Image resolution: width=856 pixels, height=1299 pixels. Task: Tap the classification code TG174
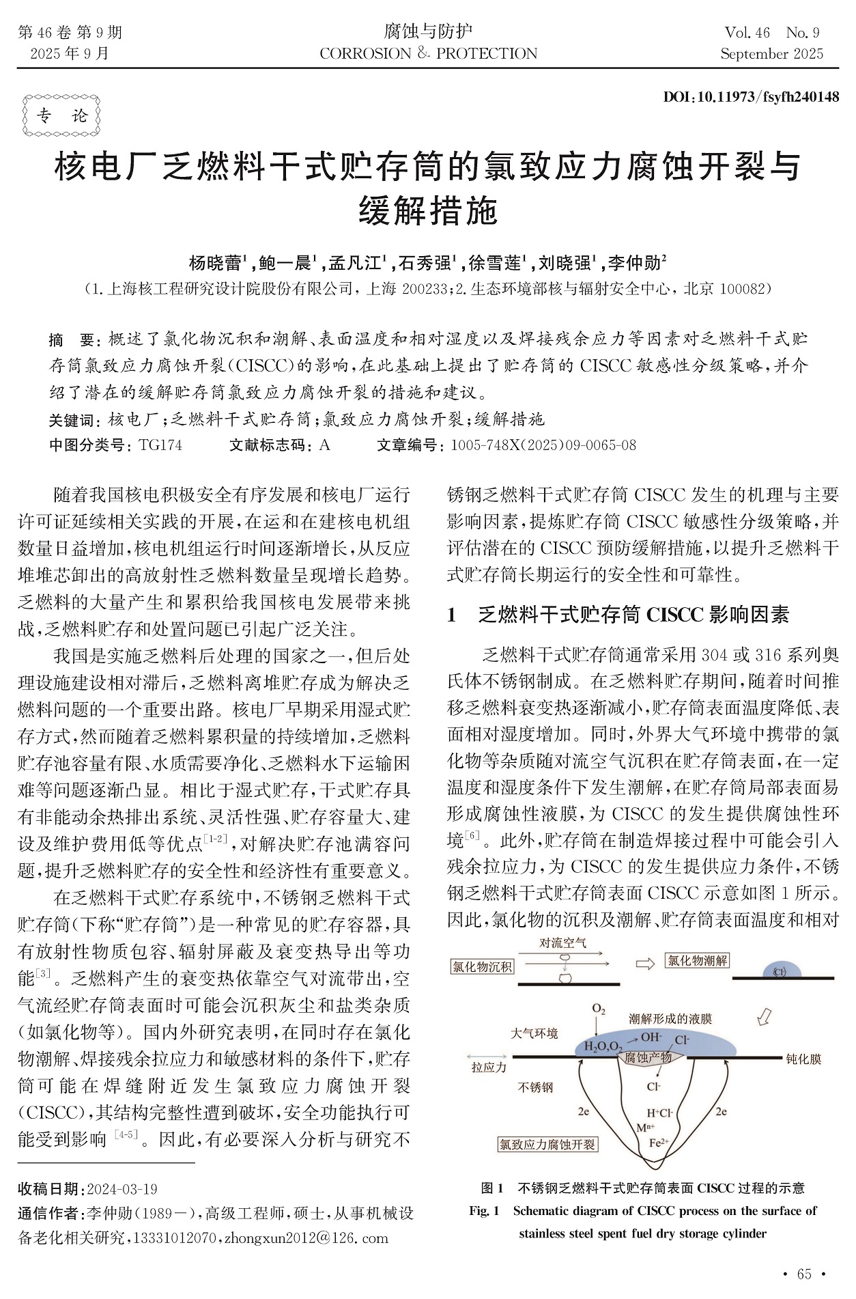click(160, 445)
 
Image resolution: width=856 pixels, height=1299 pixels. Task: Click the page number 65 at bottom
click(804, 1274)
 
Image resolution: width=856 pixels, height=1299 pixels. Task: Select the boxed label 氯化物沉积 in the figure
click(483, 967)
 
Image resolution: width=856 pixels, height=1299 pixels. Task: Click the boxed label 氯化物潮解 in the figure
click(698, 961)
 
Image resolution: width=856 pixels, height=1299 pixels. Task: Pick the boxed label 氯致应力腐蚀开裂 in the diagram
click(547, 1144)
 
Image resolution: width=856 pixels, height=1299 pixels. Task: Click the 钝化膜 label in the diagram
click(803, 1059)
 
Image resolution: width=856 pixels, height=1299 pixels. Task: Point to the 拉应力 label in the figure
click(489, 1067)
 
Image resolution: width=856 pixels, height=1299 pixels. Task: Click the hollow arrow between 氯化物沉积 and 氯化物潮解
click(645, 964)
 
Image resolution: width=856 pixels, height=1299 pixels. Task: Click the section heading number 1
click(451, 615)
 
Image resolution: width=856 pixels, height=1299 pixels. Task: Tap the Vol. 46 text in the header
click(747, 33)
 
